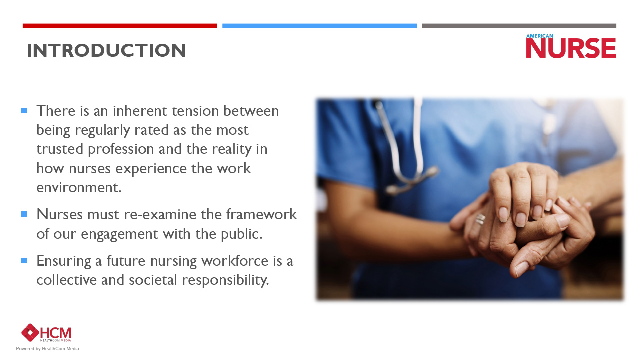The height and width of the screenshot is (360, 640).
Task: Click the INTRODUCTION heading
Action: point(106,51)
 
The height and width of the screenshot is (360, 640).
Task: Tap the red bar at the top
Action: point(120,26)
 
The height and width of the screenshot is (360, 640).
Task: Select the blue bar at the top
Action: point(319,26)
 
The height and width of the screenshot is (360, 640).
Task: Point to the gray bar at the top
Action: point(519,26)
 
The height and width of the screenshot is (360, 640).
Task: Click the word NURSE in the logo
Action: point(571,49)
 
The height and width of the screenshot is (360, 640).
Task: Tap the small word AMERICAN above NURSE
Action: point(539,36)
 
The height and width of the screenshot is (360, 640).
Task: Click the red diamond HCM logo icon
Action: point(30,333)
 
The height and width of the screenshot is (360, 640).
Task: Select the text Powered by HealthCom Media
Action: point(47,349)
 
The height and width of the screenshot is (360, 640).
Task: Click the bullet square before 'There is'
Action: point(24,110)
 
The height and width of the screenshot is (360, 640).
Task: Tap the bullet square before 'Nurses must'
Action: point(24,214)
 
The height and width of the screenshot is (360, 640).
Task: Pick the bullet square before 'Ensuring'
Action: point(24,260)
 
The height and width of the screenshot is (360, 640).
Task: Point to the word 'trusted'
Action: point(60,149)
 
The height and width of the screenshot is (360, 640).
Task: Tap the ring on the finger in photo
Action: point(480,219)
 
